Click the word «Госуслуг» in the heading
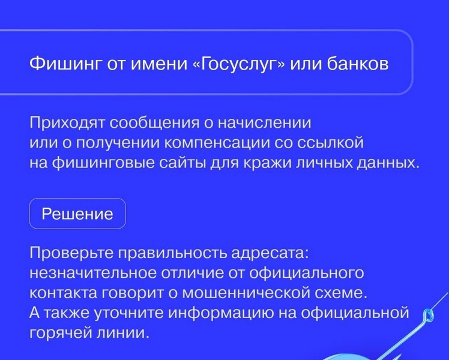tap(240, 64)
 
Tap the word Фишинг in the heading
tap(66, 64)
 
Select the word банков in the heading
tap(358, 64)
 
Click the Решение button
tap(77, 214)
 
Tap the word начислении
tap(265, 123)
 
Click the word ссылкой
tap(330, 143)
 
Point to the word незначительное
tap(93, 273)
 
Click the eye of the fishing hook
tap(429, 316)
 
